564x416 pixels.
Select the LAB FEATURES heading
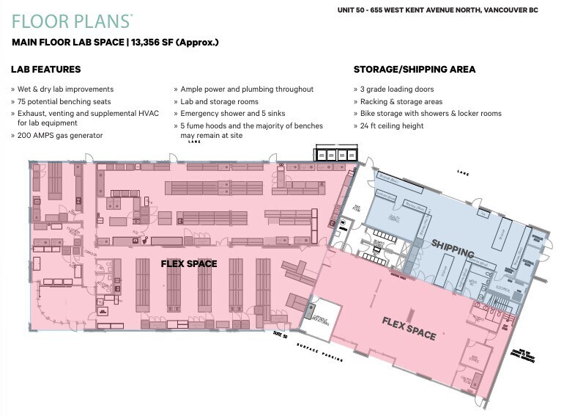point(45,70)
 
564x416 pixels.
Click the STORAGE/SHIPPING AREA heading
point(415,70)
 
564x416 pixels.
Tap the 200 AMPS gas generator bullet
point(60,136)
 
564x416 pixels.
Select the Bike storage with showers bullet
point(431,114)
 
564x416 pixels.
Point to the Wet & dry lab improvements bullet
point(65,90)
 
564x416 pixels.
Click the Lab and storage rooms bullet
point(219,102)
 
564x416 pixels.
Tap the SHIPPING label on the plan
point(453,248)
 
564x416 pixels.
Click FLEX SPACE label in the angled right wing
point(409,327)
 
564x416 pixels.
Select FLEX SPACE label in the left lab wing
point(188,263)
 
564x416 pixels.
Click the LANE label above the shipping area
point(461,172)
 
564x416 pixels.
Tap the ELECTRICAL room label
point(505,291)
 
